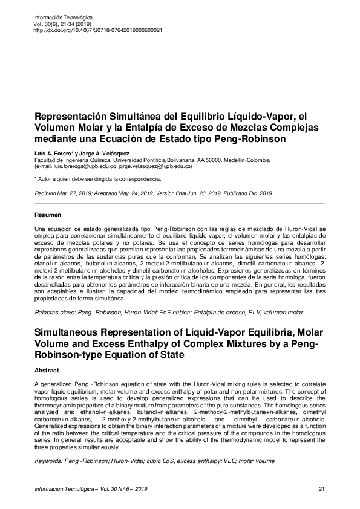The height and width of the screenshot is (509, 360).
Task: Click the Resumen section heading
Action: [x=48, y=215]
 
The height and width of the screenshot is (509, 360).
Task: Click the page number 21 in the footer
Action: [x=321, y=489]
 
